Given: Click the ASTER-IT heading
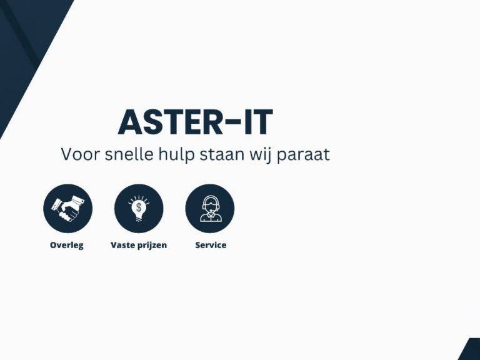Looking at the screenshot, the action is [195, 122].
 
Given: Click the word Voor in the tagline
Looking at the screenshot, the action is [81, 154].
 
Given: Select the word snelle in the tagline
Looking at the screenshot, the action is [129, 154].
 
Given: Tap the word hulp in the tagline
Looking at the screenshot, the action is [176, 155].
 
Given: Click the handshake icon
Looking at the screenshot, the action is [67, 209].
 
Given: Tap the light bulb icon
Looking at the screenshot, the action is [139, 208].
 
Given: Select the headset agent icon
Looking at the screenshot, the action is [210, 209].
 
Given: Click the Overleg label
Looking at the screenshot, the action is [67, 246].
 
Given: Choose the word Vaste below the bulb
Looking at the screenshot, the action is [122, 245].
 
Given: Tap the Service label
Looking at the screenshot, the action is [211, 245].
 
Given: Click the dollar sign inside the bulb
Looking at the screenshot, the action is [139, 207].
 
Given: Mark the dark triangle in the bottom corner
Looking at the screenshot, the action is [471, 352].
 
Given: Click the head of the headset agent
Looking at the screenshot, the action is [210, 204].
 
